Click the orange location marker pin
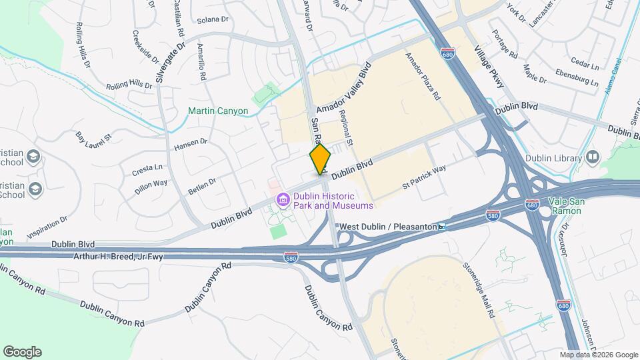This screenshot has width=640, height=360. [320, 159]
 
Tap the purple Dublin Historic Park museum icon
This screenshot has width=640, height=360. [283, 199]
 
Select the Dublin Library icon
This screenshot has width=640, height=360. [593, 157]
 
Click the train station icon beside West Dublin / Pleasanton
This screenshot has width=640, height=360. [442, 227]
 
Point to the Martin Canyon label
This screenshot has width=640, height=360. [217, 111]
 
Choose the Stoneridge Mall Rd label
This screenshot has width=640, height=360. [479, 290]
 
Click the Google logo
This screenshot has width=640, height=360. [22, 352]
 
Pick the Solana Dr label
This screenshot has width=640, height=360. [213, 20]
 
